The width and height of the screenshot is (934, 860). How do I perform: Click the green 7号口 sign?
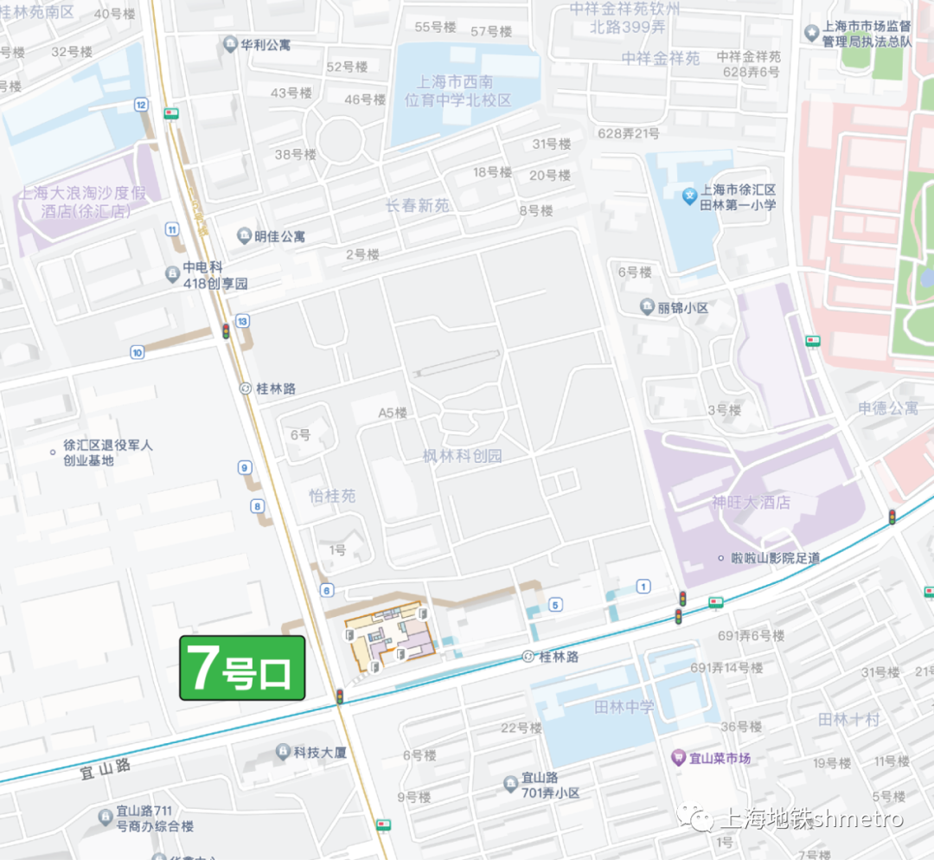pos(242,668)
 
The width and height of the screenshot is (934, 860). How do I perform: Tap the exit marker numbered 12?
pos(141,105)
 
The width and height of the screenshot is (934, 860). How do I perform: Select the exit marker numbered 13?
pos(243,321)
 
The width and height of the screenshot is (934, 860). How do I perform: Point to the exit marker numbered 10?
pos(137,352)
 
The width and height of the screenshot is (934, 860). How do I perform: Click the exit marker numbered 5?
pos(555,605)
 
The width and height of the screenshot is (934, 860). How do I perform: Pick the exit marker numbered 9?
pos(246,468)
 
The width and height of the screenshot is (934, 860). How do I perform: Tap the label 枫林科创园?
pos(462,456)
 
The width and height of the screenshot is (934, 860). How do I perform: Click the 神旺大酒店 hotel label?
pos(751,503)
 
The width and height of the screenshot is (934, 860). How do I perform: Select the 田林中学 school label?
pos(624,707)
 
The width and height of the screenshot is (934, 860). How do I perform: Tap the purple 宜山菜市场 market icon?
pos(679,758)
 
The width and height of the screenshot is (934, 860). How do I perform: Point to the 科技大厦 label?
pos(319,753)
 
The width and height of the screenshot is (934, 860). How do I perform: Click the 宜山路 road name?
pos(104,766)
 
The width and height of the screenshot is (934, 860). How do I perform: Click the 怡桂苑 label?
pos(332,497)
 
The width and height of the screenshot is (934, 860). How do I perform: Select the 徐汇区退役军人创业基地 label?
pos(107,452)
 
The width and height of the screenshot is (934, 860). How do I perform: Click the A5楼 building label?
pos(392,413)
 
